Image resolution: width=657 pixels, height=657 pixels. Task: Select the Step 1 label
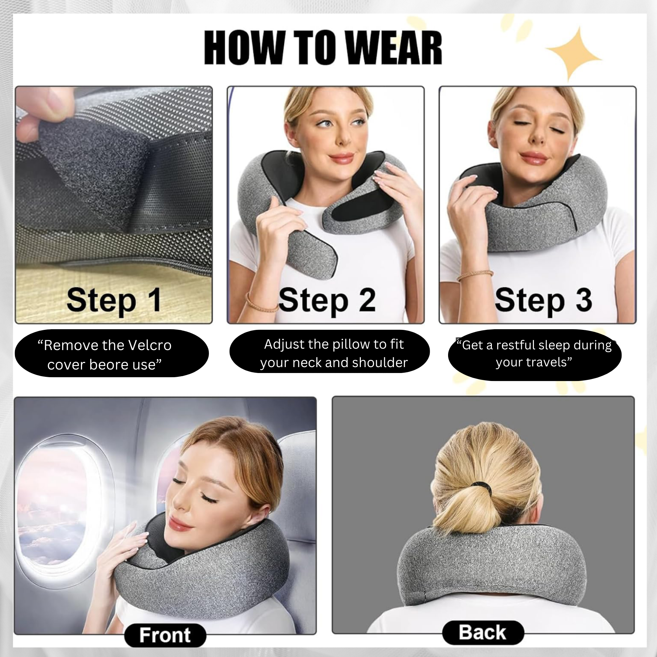pos(114,300)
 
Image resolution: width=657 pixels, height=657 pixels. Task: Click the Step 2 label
pos(327,300)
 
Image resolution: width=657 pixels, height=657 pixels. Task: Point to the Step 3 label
pos(543,300)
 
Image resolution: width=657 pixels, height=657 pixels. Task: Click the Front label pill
pos(165,635)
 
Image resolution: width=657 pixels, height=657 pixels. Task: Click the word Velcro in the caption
pos(149,345)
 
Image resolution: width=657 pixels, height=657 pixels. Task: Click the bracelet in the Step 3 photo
pos(475,275)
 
